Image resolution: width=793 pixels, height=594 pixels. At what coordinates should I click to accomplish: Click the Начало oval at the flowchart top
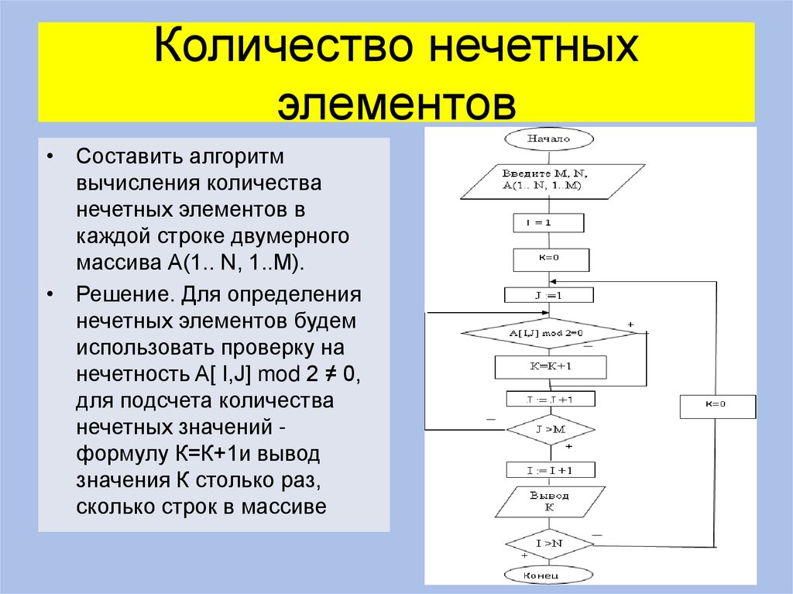click(549, 139)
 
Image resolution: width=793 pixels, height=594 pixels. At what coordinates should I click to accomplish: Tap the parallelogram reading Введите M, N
click(549, 180)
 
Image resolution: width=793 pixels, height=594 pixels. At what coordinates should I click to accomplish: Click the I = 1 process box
click(549, 223)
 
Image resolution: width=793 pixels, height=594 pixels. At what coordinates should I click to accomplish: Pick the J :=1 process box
click(549, 295)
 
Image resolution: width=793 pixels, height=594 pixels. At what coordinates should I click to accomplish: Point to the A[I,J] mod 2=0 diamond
click(549, 333)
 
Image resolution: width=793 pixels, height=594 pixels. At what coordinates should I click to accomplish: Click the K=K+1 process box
click(550, 366)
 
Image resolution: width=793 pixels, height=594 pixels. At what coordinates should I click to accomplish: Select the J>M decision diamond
click(549, 428)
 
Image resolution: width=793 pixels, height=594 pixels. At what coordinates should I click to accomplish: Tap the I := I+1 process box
click(550, 470)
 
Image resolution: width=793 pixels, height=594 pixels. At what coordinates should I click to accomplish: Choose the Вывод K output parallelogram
click(549, 502)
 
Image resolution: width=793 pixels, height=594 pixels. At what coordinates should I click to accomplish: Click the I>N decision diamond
click(549, 544)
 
